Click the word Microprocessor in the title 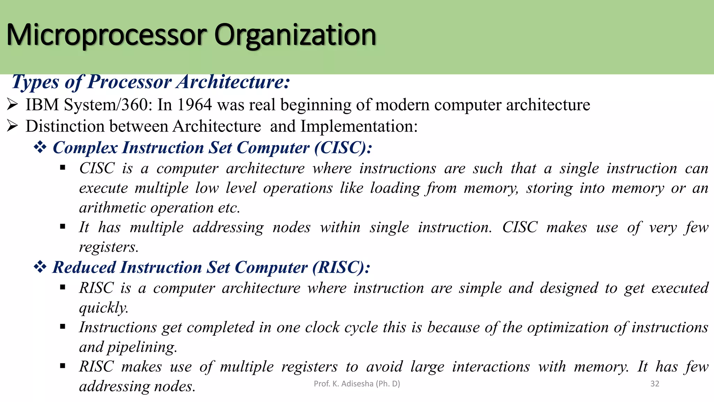pos(106,35)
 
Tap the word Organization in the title pos(295,35)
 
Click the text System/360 pos(108,105)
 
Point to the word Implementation pos(359,126)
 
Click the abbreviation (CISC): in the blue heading pos(343,148)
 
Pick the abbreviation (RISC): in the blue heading pos(341,268)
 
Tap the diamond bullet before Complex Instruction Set pos(40,148)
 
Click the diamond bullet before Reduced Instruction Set pos(40,268)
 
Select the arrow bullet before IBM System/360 pos(12,105)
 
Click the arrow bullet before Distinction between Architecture pos(12,126)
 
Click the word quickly pos(104,308)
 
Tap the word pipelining pos(142,347)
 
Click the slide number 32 pos(655,384)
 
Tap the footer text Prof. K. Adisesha pos(357,384)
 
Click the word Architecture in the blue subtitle pos(233,82)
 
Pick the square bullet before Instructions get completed pos(63,327)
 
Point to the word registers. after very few pos(109,247)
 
